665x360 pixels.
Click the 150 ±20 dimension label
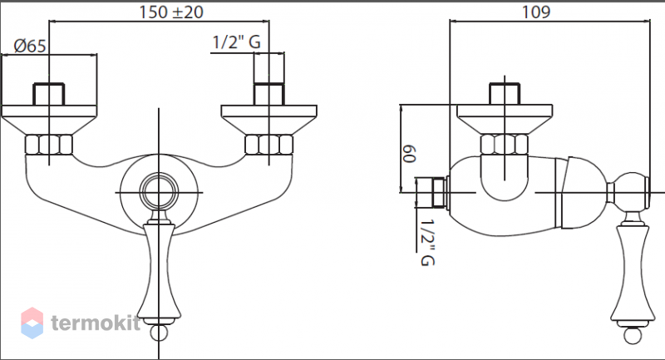171,12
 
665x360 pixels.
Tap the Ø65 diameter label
30,46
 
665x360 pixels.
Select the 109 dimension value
536,12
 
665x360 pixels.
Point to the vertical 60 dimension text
409,154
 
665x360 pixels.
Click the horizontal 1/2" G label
236,42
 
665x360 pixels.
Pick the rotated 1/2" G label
427,242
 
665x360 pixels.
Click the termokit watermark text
96,323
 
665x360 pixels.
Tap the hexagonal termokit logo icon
32,323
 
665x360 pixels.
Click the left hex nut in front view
49,145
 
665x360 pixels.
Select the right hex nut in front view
268,145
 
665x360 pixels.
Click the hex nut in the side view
505,145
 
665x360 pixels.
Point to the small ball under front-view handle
159,333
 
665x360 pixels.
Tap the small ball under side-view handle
633,335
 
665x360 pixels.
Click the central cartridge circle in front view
159,192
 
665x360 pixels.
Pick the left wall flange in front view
49,119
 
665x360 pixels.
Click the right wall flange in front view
268,119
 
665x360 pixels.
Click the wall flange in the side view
505,119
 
